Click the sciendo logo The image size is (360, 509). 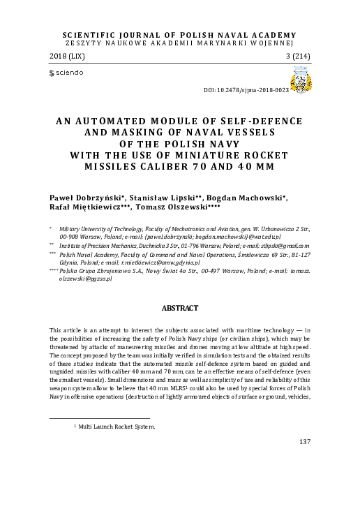tap(65, 72)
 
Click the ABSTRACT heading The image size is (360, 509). tap(180, 307)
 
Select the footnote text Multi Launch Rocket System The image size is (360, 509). tap(117, 426)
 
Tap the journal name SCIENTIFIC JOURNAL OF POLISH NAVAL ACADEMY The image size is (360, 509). tap(180, 33)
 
